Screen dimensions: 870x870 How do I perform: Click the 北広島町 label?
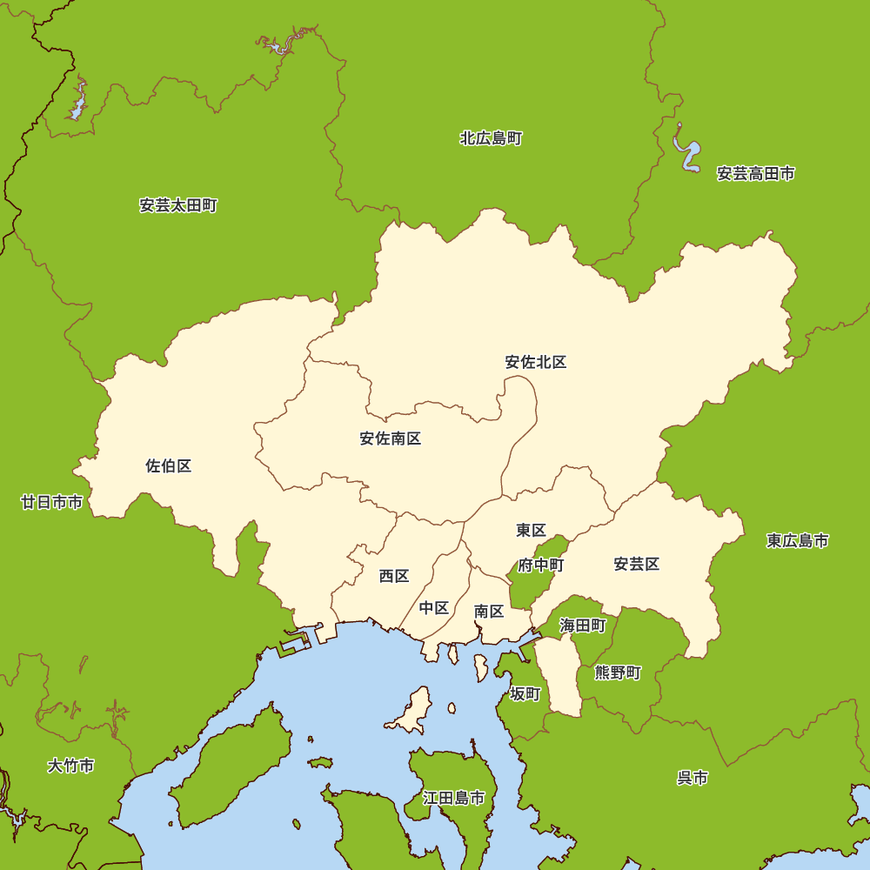[x=491, y=138]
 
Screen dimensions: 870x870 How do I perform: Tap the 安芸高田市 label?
[x=755, y=174]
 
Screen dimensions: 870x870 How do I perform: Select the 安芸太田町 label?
[x=178, y=206]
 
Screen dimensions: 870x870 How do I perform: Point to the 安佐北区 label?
[x=536, y=362]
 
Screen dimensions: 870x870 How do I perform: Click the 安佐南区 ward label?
[x=391, y=438]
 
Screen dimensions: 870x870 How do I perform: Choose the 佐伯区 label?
[x=169, y=466]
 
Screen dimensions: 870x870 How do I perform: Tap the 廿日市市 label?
[x=52, y=502]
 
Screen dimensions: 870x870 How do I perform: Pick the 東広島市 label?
[x=798, y=541]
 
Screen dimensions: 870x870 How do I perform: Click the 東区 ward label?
[x=531, y=530]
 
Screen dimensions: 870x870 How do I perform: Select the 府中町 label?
[x=541, y=565]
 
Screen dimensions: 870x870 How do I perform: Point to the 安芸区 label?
[x=637, y=565]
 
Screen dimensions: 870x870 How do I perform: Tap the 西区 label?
[x=394, y=576]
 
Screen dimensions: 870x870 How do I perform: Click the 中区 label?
[x=434, y=608]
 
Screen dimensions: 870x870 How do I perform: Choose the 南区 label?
[x=489, y=612]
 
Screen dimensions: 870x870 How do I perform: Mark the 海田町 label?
[x=582, y=626]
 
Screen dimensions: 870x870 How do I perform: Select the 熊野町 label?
[x=618, y=673]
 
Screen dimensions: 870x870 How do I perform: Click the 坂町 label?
[x=525, y=694]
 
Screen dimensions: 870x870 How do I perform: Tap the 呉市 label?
[x=693, y=778]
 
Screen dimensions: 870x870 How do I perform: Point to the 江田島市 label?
[x=453, y=798]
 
